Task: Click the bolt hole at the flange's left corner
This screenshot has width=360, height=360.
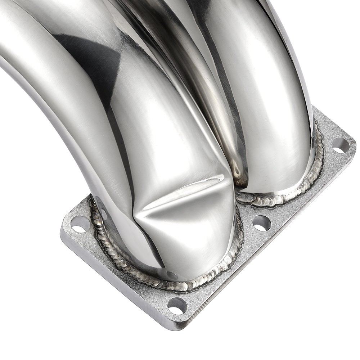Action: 80,224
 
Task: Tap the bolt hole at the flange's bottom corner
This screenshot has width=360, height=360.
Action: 177,305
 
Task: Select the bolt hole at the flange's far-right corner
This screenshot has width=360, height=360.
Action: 340,145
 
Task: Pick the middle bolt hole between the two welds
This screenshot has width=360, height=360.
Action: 261,223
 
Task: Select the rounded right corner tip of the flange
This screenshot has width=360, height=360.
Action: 353,144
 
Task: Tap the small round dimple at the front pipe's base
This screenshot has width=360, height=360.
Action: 172,275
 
